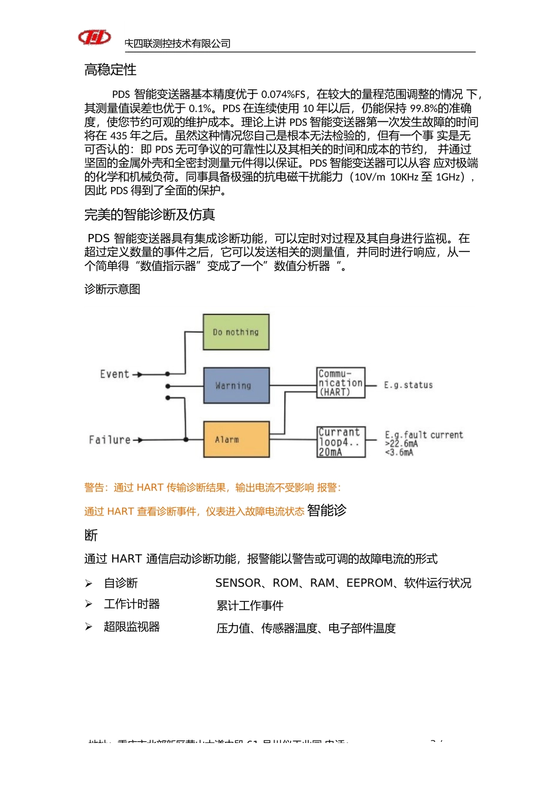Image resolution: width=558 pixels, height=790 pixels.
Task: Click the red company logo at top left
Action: pos(95,38)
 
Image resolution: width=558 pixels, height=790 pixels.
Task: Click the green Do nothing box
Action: pos(236,332)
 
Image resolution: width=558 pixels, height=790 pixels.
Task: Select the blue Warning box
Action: pos(236,386)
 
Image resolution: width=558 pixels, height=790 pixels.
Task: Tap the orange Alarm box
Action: pos(236,439)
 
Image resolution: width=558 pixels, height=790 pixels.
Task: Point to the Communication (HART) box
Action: pos(341,383)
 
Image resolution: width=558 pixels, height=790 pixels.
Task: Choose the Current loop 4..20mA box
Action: pos(341,442)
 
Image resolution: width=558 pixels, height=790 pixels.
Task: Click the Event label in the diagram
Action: pos(115,374)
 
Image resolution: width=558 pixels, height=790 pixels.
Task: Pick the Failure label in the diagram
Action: pos(110,440)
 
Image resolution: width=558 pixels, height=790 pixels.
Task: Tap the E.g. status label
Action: pos(408,385)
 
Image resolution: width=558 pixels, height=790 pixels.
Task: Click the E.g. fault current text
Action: pos(424,435)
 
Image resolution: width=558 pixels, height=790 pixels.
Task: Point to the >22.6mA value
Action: pos(402,444)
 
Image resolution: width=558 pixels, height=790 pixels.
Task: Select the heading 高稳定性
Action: pos(110,70)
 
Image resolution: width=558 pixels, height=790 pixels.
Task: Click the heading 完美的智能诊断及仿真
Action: pos(150,215)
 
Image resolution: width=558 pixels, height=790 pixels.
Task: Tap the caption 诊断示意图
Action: pos(112,289)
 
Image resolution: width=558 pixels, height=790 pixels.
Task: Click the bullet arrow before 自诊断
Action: pos(89,584)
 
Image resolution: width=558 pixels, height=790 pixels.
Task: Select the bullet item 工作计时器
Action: pos(132,604)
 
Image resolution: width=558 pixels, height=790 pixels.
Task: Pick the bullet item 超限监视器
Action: pos(132,627)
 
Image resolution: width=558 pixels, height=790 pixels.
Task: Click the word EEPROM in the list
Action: pos(369,583)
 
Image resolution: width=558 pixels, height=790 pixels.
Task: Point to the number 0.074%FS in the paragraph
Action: pos(283,94)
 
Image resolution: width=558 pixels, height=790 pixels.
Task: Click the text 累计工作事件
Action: pos(250,605)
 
